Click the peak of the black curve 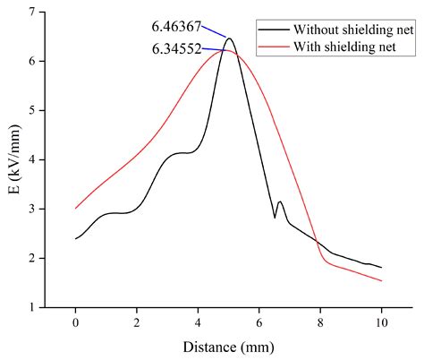pos(229,39)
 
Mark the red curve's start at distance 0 pos(76,208)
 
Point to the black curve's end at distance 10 pos(381,267)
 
